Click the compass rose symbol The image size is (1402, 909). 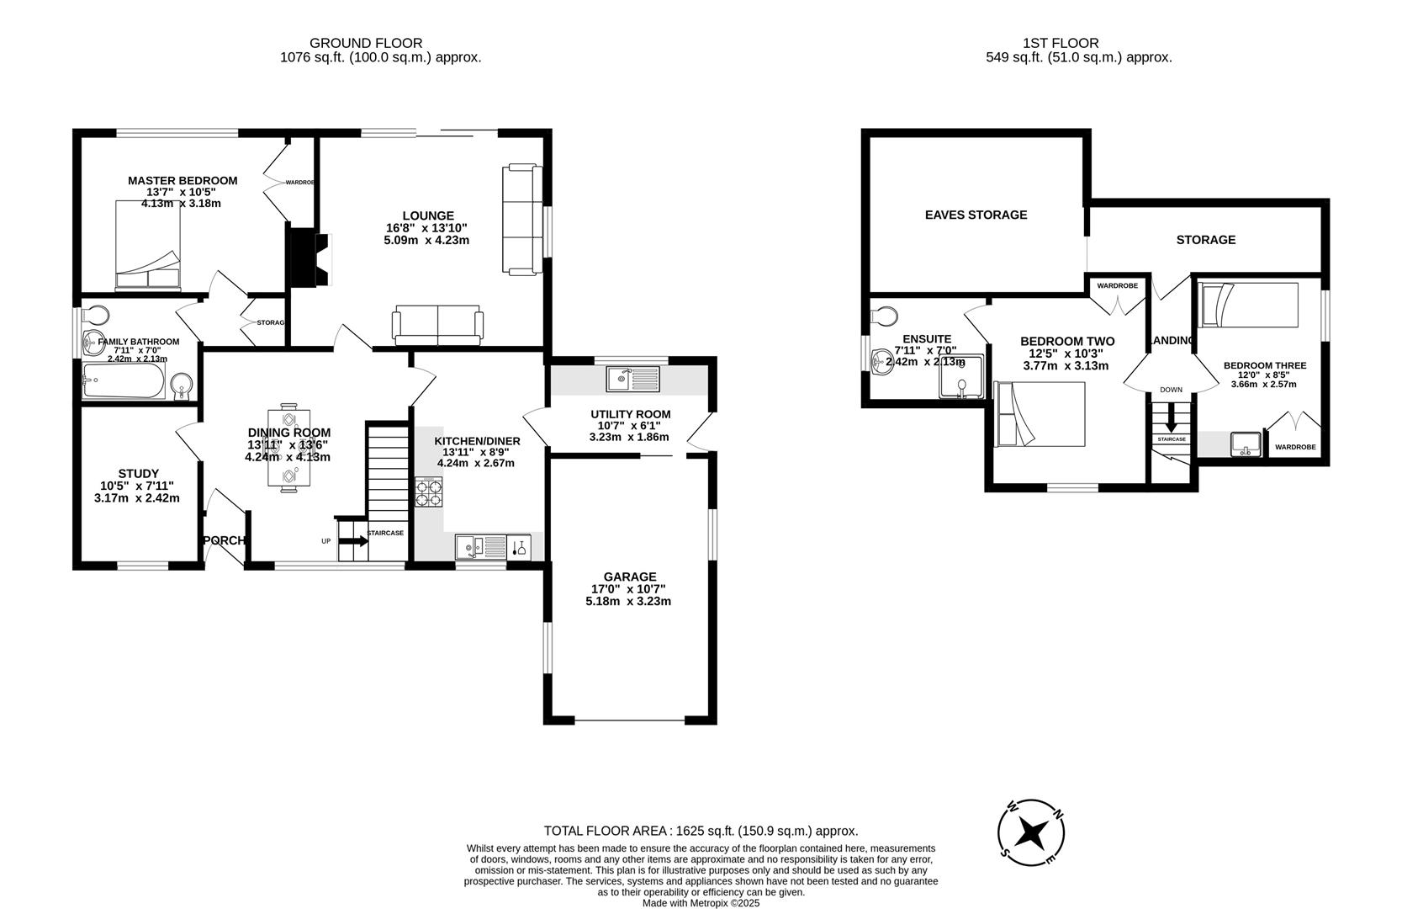coord(1031,832)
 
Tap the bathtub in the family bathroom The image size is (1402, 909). coord(125,380)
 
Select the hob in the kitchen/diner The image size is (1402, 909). coord(428,492)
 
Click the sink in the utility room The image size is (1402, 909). coord(633,379)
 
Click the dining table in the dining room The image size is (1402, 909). coord(288,448)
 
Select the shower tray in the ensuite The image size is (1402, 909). coord(961,376)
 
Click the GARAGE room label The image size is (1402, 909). coord(629,577)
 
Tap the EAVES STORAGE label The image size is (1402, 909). coord(976,215)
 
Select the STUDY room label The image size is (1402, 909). coord(139,474)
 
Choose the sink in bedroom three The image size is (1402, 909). coord(1246,444)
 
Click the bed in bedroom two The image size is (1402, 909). coord(1040,414)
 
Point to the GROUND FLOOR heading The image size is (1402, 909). coord(366,43)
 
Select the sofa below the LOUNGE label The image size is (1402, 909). coord(437,327)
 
